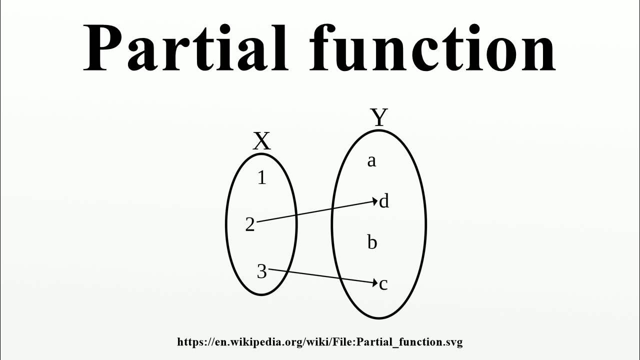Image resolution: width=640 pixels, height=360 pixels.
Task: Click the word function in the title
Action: click(432, 47)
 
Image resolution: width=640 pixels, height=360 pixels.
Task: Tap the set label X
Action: click(261, 141)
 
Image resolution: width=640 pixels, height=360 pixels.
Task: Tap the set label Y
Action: click(379, 118)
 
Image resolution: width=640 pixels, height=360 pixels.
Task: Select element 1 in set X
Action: click(261, 178)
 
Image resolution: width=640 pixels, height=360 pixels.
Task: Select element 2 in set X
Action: click(250, 225)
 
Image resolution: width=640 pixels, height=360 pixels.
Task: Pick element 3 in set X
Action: click(261, 271)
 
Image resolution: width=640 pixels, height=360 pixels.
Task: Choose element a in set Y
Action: click(371, 161)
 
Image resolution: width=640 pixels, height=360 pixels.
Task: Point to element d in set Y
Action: click(384, 201)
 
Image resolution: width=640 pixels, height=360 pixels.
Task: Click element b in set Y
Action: click(372, 243)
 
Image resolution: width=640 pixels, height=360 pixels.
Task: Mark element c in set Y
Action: click(383, 284)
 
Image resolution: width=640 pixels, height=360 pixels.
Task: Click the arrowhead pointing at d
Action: click(375, 201)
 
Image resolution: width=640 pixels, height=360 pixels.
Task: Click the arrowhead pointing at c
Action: click(375, 283)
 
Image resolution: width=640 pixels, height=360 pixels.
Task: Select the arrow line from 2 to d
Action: click(315, 211)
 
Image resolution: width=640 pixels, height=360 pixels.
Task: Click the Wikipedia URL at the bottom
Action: click(320, 342)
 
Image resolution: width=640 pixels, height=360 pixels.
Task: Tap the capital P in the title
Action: click(102, 47)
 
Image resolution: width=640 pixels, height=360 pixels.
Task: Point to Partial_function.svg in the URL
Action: click(412, 342)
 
